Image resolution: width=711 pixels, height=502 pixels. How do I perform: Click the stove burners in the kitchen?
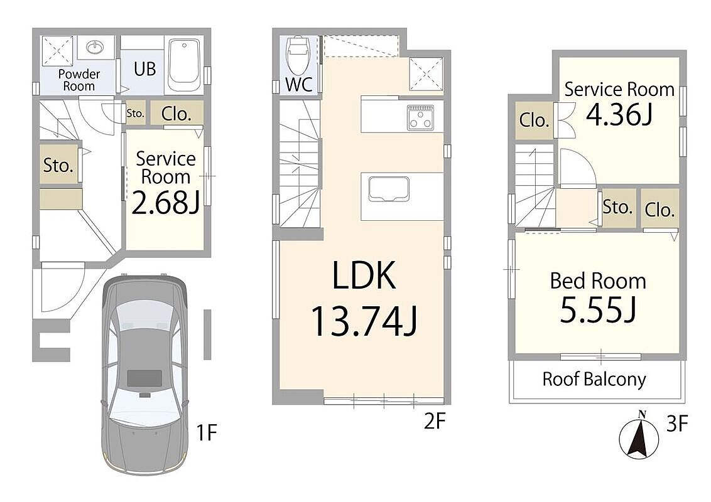(x=420, y=117)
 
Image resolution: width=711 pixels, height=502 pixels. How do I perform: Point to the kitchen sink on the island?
(x=389, y=190)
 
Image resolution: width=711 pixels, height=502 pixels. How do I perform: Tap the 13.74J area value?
(x=364, y=321)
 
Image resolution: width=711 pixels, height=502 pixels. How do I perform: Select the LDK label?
(x=364, y=275)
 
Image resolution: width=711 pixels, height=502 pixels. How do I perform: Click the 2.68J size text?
(x=166, y=202)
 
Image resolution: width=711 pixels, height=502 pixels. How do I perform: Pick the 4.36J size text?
(x=619, y=114)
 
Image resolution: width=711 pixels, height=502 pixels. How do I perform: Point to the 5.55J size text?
(x=598, y=311)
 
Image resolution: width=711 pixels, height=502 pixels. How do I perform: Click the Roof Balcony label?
(x=594, y=379)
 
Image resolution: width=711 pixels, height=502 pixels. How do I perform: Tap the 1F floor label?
(x=206, y=433)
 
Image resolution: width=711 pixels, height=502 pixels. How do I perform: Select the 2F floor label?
(x=435, y=421)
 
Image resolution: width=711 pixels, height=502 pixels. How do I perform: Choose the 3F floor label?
(x=678, y=424)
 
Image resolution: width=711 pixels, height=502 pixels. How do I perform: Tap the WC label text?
(x=299, y=84)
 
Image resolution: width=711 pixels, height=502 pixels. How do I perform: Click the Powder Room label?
(x=79, y=80)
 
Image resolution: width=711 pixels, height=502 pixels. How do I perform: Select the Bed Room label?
(x=598, y=281)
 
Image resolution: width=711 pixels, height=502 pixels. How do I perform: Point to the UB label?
(x=144, y=69)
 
